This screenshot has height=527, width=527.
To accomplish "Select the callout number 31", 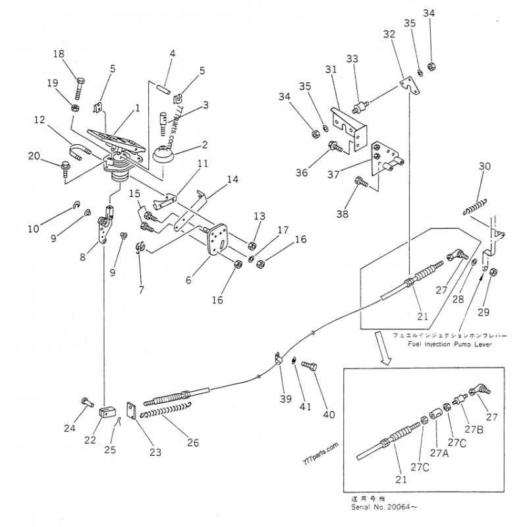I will (x=330, y=70).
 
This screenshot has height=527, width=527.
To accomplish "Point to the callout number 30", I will (x=485, y=167).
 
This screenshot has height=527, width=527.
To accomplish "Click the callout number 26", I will (x=192, y=442).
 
